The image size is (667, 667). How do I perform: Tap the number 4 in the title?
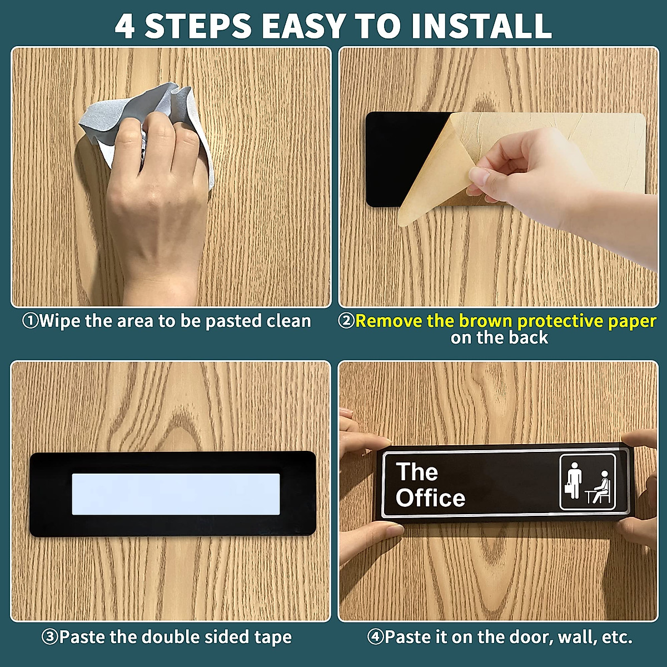pos(125,26)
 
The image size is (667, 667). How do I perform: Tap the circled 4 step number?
pos(375,636)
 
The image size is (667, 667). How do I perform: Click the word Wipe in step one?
pos(59,321)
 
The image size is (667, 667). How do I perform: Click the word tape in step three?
pos(273,637)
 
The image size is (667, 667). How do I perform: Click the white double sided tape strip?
pos(176,494)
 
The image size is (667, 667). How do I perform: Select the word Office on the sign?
pos(430,498)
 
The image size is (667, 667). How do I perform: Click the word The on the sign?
pos(417,472)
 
